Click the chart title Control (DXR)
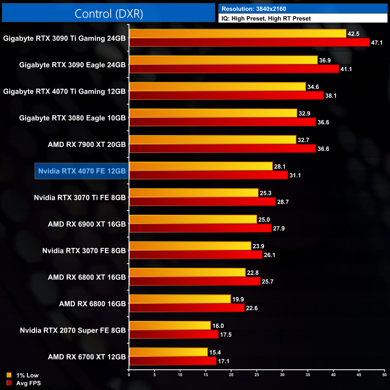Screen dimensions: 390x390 pos(109,13)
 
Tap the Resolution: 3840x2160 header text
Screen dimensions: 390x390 pos(254,9)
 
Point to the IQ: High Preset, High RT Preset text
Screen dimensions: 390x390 pos(266,18)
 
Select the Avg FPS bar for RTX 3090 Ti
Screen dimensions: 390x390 pos(249,42)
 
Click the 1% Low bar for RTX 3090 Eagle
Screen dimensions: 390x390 pos(223,60)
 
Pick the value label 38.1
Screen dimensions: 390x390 pos(331,96)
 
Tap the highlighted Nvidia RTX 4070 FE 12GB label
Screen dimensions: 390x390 pos(82,171)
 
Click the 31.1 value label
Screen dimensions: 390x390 pos(295,175)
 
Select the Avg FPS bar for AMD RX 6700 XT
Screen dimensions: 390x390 pos(172,361)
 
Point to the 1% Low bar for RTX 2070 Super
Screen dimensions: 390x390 pos(170,325)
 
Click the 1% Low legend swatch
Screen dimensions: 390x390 pos(9,375)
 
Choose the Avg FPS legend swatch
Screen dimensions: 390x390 pos(9,383)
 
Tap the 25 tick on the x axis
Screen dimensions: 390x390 pos(257,374)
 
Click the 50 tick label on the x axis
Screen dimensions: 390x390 pos(384,374)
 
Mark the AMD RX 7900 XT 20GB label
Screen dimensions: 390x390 pos(87,145)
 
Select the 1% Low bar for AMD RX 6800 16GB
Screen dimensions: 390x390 pos(180,299)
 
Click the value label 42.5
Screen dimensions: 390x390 pos(353,34)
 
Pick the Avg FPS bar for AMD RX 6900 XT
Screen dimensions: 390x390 pos(200,228)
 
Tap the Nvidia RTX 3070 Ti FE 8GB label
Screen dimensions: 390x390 pos(80,198)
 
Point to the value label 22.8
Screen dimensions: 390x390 pos(253,273)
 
